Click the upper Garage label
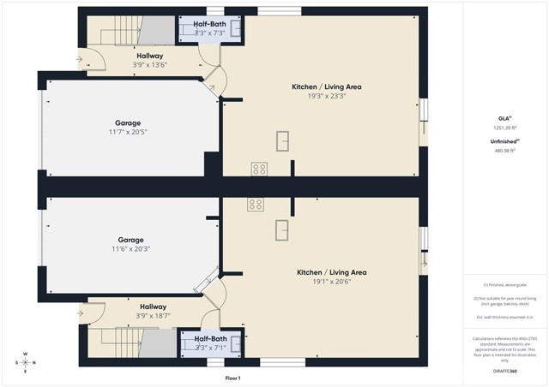pos(128,122)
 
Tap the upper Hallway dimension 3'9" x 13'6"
pos(148,65)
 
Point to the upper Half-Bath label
pos(210,23)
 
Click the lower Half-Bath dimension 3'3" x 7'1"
pos(210,348)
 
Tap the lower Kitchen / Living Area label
pos(331,272)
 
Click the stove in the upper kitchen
pos(258,168)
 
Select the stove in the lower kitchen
pos(256,204)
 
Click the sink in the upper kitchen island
pos(283,140)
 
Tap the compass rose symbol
pos(25,362)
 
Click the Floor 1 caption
pos(232,378)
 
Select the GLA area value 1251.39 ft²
pos(505,127)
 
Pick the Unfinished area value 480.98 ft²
pos(505,150)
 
